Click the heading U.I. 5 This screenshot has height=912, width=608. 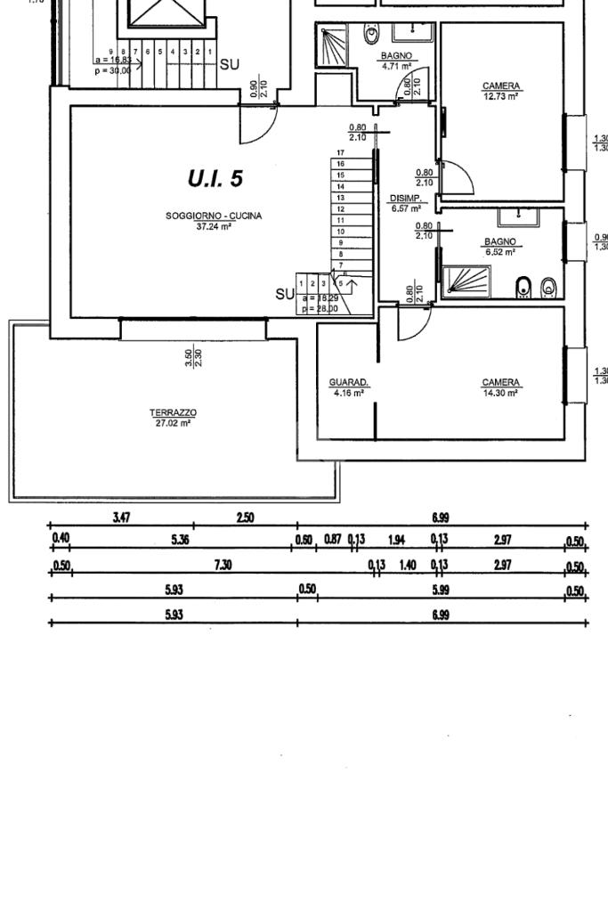[x=215, y=178]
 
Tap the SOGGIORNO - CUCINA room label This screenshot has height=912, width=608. [x=214, y=216]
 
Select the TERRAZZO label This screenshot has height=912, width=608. [x=173, y=412]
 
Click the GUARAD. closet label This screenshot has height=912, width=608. [x=349, y=383]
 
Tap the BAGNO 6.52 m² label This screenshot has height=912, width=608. [x=500, y=241]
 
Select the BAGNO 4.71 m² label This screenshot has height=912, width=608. [x=396, y=56]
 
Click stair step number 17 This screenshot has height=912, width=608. [x=340, y=153]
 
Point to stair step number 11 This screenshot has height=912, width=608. [x=340, y=219]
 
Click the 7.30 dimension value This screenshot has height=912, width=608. [x=223, y=565]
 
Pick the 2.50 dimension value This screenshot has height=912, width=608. [x=245, y=517]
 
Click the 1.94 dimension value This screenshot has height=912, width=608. [x=397, y=540]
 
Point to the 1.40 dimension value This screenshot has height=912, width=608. [x=408, y=565]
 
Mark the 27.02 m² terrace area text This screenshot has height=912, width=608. [x=173, y=423]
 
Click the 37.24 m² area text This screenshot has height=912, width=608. [x=214, y=226]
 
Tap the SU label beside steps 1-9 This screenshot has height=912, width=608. [x=229, y=64]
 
